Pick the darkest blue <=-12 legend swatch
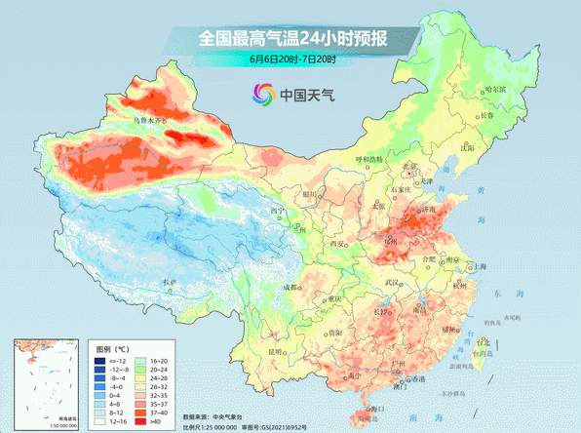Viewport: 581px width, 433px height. tap(98, 360)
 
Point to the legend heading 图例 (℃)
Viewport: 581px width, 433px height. tap(112, 347)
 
